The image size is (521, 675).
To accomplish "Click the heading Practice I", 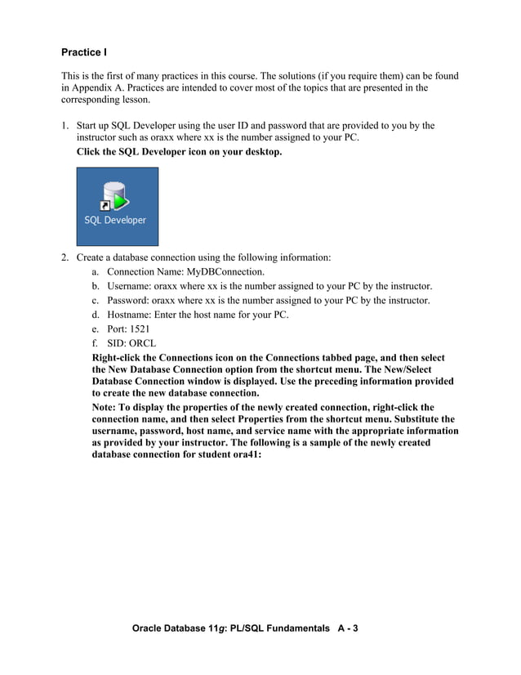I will [x=84, y=53].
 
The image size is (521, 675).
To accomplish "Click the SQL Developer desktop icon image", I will [x=117, y=206].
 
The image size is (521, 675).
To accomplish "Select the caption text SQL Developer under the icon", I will [x=116, y=220].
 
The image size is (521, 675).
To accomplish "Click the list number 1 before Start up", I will [x=65, y=126].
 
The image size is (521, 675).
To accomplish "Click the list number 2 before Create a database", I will [x=65, y=257].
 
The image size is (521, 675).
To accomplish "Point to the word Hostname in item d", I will [x=131, y=315].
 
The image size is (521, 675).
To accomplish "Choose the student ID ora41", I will [x=243, y=455].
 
